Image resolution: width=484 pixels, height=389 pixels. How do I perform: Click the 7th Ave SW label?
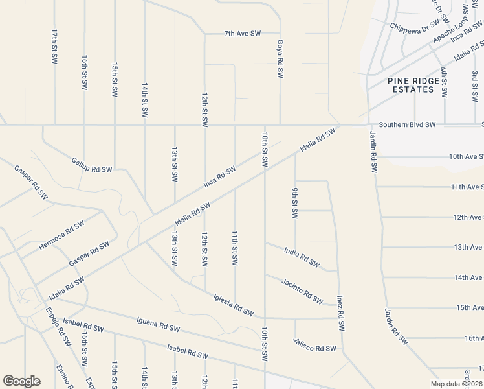[242, 33]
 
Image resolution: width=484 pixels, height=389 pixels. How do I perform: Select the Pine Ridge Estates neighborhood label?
[413, 85]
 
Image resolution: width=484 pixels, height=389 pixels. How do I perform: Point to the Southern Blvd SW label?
[408, 124]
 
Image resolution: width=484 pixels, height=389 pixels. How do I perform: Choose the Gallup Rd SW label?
[92, 165]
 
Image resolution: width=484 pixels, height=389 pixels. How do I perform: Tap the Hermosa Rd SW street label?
[61, 235]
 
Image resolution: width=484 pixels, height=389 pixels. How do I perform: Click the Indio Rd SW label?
[302, 255]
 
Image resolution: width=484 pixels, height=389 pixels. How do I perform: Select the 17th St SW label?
[54, 45]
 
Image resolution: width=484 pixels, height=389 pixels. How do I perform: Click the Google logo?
[21, 381]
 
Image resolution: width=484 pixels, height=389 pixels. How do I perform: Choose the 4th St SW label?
[444, 82]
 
